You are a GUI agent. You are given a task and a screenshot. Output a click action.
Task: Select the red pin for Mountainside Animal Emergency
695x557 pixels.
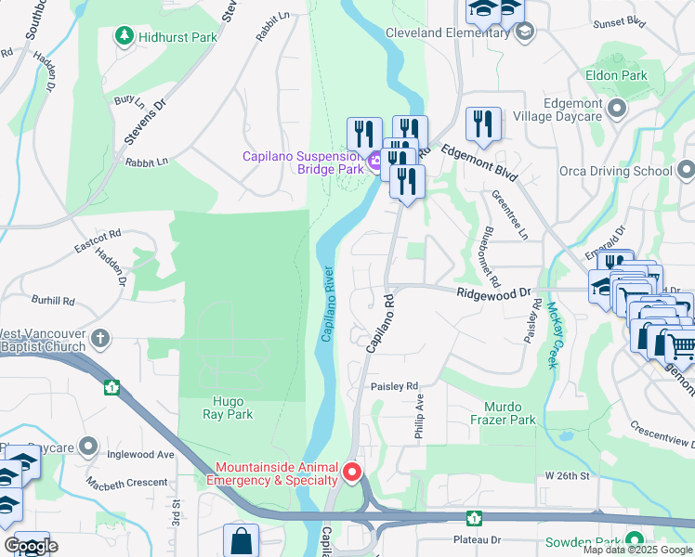point(352,473)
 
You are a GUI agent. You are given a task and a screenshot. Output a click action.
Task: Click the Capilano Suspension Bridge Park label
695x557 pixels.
point(303,162)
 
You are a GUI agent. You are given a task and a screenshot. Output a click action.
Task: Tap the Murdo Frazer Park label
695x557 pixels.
point(509,413)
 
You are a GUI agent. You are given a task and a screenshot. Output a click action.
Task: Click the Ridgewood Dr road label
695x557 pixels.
point(493,293)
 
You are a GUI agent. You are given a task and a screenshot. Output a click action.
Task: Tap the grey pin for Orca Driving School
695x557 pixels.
point(686,171)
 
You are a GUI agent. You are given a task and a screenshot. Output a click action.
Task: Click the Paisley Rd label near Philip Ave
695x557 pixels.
point(395,385)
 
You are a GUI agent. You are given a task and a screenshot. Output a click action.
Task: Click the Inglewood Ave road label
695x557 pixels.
point(140,455)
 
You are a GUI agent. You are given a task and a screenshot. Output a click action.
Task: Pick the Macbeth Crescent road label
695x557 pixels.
point(126,483)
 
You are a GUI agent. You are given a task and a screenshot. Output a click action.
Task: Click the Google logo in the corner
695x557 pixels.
point(31,546)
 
